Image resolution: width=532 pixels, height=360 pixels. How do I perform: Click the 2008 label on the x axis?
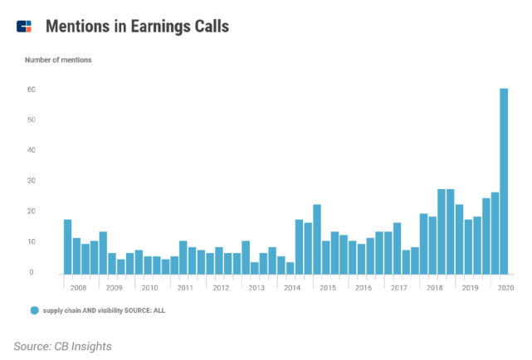click(80, 287)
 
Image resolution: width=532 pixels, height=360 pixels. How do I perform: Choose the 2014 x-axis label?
click(291, 287)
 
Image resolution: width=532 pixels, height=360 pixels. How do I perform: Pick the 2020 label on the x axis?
click(504, 287)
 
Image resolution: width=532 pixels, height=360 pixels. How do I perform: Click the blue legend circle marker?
click(35, 309)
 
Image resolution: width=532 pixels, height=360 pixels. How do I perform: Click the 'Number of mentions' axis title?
click(58, 60)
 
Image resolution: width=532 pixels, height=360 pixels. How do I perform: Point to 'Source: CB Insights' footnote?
click(62, 345)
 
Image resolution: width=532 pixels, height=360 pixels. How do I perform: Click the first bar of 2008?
click(67, 246)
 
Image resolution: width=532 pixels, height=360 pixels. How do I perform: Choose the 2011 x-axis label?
click(186, 287)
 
